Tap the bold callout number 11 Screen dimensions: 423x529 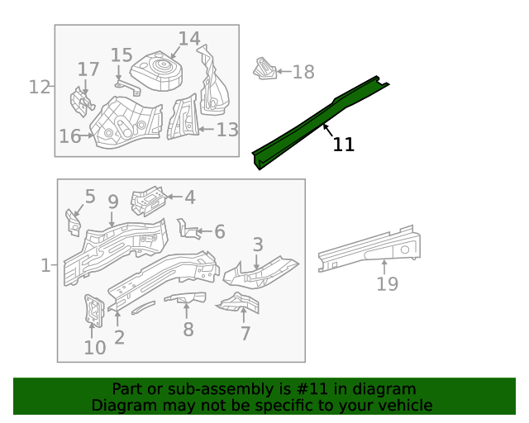click(343, 145)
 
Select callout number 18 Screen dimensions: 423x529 click(303, 73)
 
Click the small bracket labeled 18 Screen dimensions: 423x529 click(264, 69)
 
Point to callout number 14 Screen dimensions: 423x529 click(189, 39)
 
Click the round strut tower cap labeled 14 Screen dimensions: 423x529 click(161, 70)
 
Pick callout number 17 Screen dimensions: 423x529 click(88, 69)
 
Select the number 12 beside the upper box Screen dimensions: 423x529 click(39, 87)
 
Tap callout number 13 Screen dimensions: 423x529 click(227, 130)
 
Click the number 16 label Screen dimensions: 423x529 click(69, 136)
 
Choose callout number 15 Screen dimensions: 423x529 click(122, 55)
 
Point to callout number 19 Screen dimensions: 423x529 click(387, 285)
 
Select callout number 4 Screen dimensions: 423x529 click(189, 197)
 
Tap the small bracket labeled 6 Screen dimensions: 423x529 click(188, 228)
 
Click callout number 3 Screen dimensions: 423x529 click(258, 245)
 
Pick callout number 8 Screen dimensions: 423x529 click(188, 330)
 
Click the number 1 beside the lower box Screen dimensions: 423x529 click(45, 266)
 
